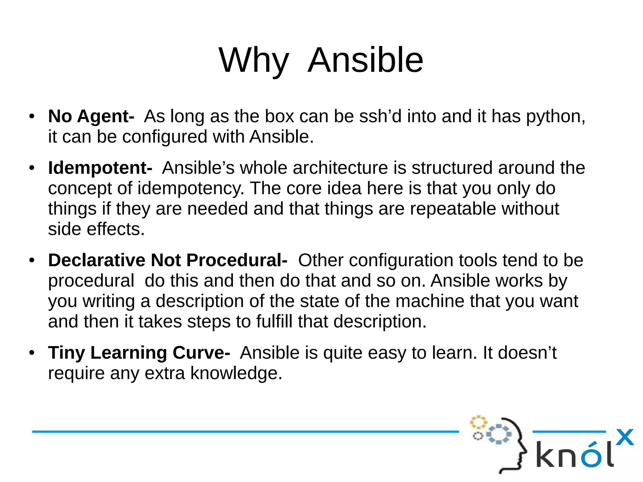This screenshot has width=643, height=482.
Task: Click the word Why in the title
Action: [x=254, y=60]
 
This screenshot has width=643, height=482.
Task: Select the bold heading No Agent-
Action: [x=91, y=116]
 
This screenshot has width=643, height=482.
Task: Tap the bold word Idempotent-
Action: [x=100, y=168]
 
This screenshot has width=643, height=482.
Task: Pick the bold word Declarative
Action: [x=97, y=260]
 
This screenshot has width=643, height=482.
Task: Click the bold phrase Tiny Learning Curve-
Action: [x=139, y=352]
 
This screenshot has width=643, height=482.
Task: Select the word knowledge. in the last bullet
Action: [x=236, y=373]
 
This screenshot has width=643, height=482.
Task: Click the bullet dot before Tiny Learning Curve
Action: [x=32, y=353]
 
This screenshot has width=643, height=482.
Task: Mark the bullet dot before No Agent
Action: [x=32, y=116]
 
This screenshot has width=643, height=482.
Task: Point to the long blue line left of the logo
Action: [x=245, y=432]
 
